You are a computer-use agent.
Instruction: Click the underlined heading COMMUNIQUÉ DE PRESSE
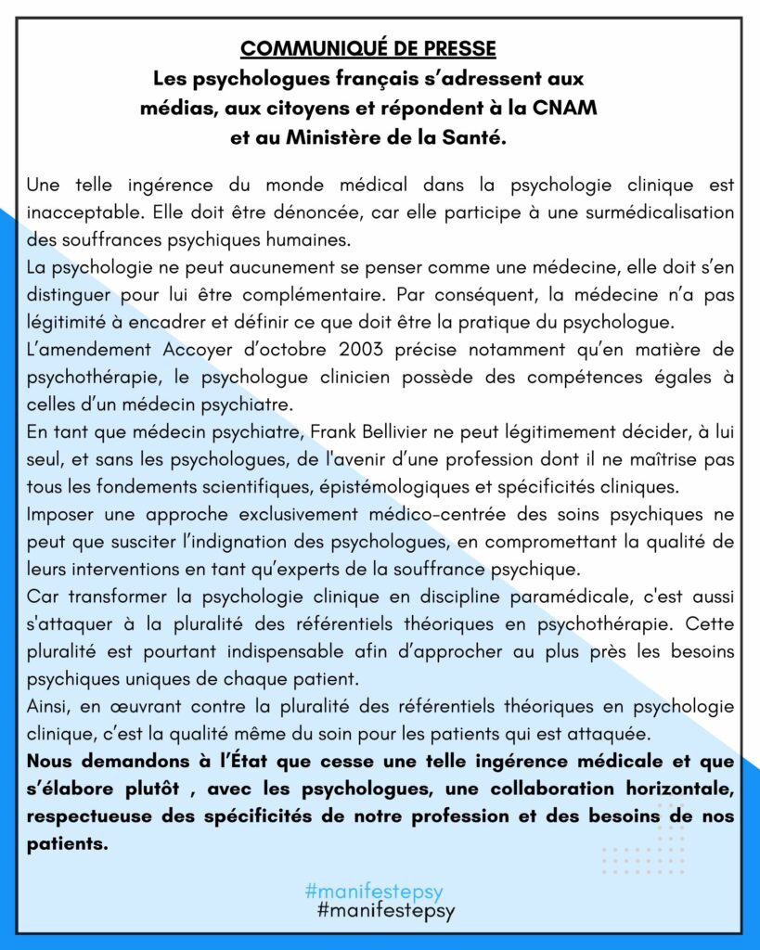(367, 48)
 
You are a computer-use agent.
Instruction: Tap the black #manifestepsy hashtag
(386, 911)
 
